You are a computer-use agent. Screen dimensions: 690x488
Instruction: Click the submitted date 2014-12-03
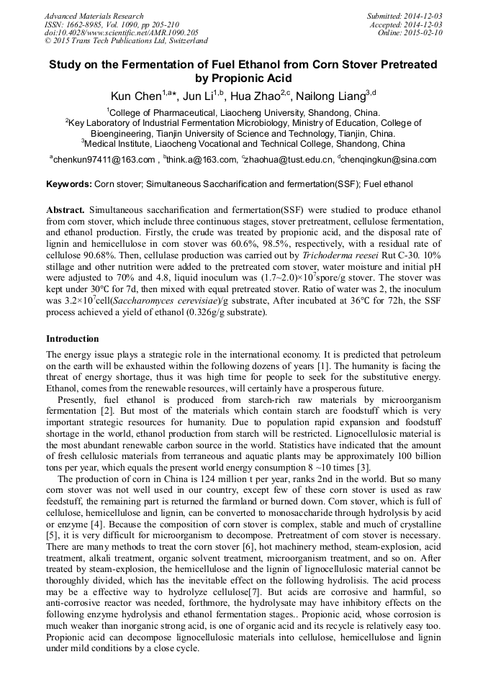click(424, 16)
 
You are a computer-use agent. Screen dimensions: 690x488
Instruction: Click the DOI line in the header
click(122, 33)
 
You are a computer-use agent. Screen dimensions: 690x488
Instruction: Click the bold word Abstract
click(65, 209)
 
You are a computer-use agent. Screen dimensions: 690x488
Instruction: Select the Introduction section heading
click(73, 339)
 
